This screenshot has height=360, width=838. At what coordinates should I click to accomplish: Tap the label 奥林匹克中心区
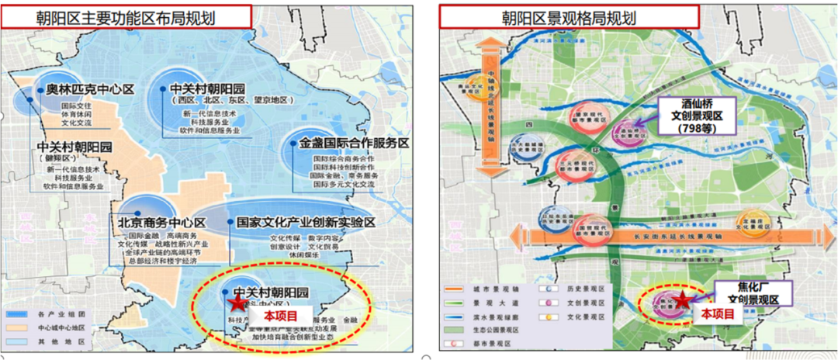[90, 90]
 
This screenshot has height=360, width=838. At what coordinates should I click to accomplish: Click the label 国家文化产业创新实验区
[306, 223]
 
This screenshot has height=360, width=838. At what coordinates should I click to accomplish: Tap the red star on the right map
[680, 299]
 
